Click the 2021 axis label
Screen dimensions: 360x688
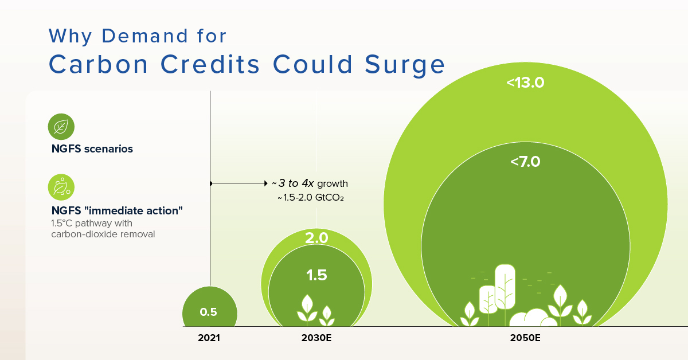209,338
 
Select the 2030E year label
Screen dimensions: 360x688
316,338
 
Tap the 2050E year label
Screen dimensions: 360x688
525,338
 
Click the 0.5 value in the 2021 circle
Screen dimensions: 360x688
208,312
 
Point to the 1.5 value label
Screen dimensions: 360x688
316,275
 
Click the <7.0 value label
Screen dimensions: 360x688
525,162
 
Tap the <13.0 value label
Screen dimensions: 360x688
525,83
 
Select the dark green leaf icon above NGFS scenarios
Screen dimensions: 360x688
61,126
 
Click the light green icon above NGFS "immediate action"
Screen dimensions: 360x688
61,186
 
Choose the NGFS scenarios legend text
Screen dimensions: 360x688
92,149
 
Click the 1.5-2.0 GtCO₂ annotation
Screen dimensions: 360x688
314,198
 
